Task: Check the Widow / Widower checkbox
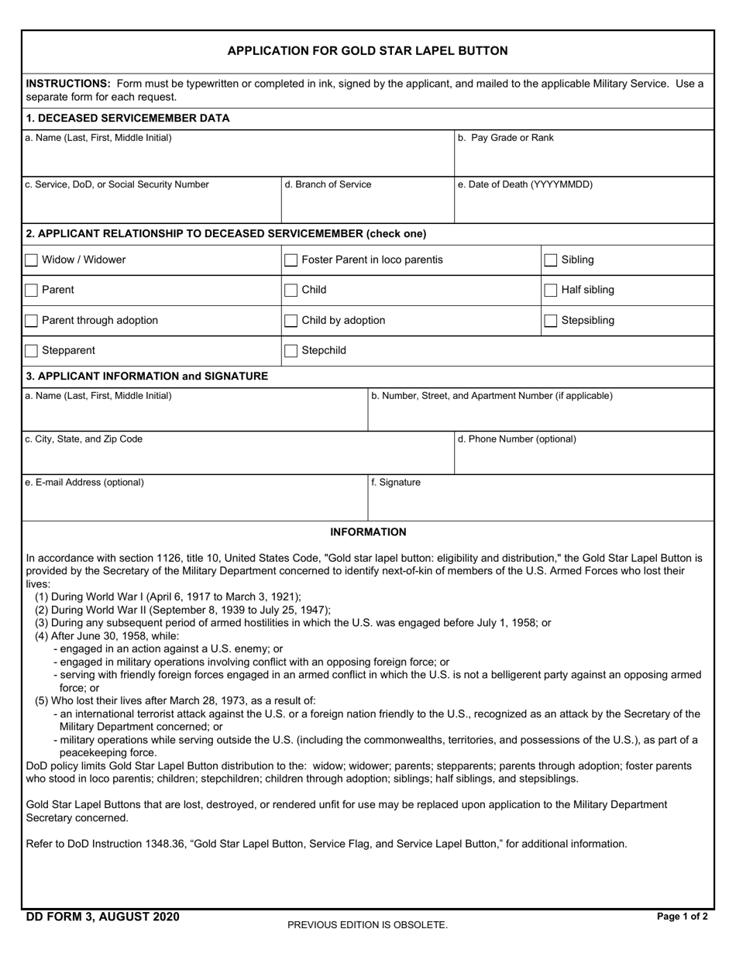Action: coord(32,260)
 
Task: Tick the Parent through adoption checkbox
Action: coord(32,321)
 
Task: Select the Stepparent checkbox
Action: coord(32,351)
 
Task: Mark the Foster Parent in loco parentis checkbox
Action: coord(291,260)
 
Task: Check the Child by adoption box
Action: coord(291,321)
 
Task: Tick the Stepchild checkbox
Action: coord(291,351)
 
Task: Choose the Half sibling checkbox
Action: coord(551,291)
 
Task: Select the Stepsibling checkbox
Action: coord(551,321)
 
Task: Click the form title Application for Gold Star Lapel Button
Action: coord(367,51)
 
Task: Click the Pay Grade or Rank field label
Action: coord(506,138)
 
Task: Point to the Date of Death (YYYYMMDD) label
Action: coord(525,184)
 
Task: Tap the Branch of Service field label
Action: coord(328,184)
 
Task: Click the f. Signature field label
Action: coord(396,483)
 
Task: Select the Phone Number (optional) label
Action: coord(517,439)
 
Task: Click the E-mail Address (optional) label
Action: coord(84,483)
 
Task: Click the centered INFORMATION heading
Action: coord(368,532)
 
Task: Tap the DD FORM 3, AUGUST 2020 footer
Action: coord(102,917)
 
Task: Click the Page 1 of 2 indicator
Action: coord(682,917)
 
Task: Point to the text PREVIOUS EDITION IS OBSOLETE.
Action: coord(367,924)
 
